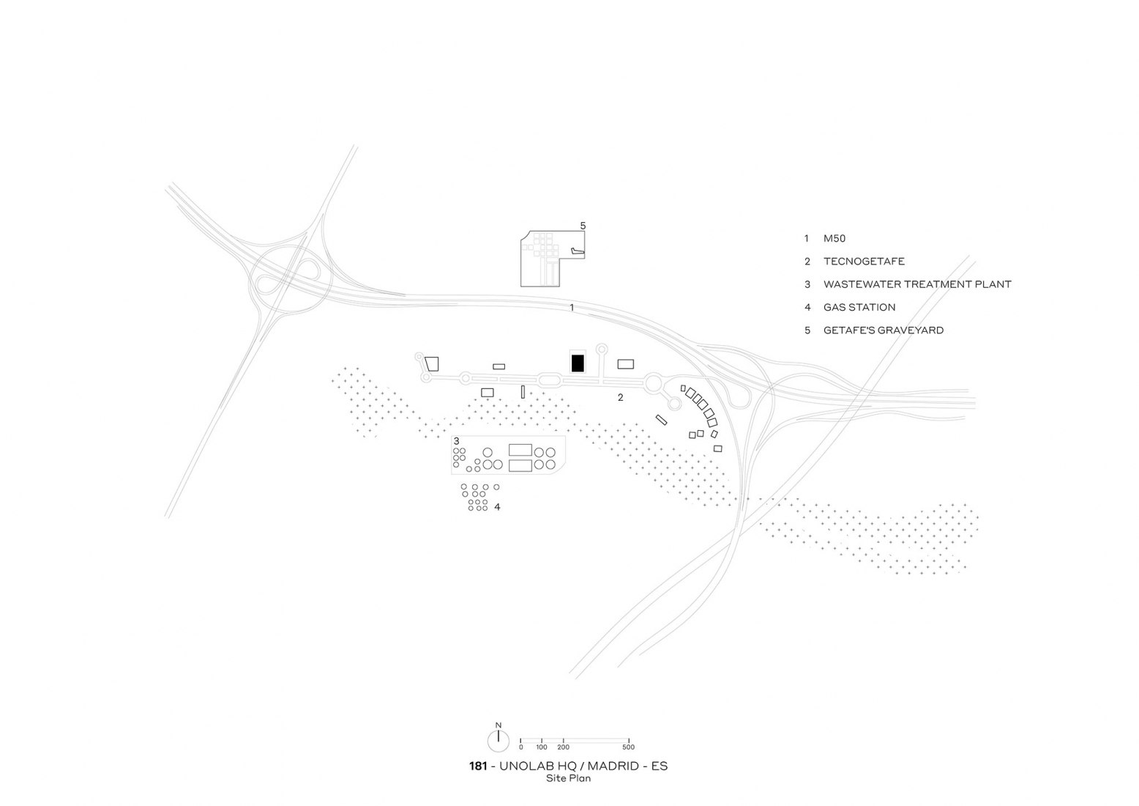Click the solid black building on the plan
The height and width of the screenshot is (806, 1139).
tap(577, 363)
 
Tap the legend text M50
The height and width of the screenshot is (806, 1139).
tap(834, 239)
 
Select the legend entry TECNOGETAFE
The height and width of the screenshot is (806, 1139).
tap(864, 262)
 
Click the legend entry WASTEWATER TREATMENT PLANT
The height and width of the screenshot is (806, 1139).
tap(917, 284)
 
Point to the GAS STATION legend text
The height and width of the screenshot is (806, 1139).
tap(859, 307)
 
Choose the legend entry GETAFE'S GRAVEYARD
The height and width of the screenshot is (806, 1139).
tap(884, 330)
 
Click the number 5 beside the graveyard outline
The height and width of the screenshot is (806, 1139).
tap(583, 226)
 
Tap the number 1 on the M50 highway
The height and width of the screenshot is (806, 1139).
tap(572, 307)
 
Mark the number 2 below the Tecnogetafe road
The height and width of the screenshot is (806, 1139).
tap(620, 397)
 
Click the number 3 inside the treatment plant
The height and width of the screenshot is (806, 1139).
tap(456, 441)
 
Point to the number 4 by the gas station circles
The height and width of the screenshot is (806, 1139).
tap(497, 507)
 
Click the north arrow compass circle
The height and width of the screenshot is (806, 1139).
tap(498, 742)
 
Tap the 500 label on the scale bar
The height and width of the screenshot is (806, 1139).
tap(629, 747)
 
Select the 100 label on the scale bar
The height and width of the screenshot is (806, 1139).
tap(542, 747)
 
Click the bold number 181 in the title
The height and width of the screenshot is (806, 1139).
tap(478, 766)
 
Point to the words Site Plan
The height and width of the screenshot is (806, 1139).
tap(569, 778)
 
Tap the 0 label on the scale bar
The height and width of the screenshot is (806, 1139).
tap(521, 747)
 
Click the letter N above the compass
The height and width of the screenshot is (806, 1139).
tap(498, 725)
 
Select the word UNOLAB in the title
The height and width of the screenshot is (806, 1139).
tap(523, 766)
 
